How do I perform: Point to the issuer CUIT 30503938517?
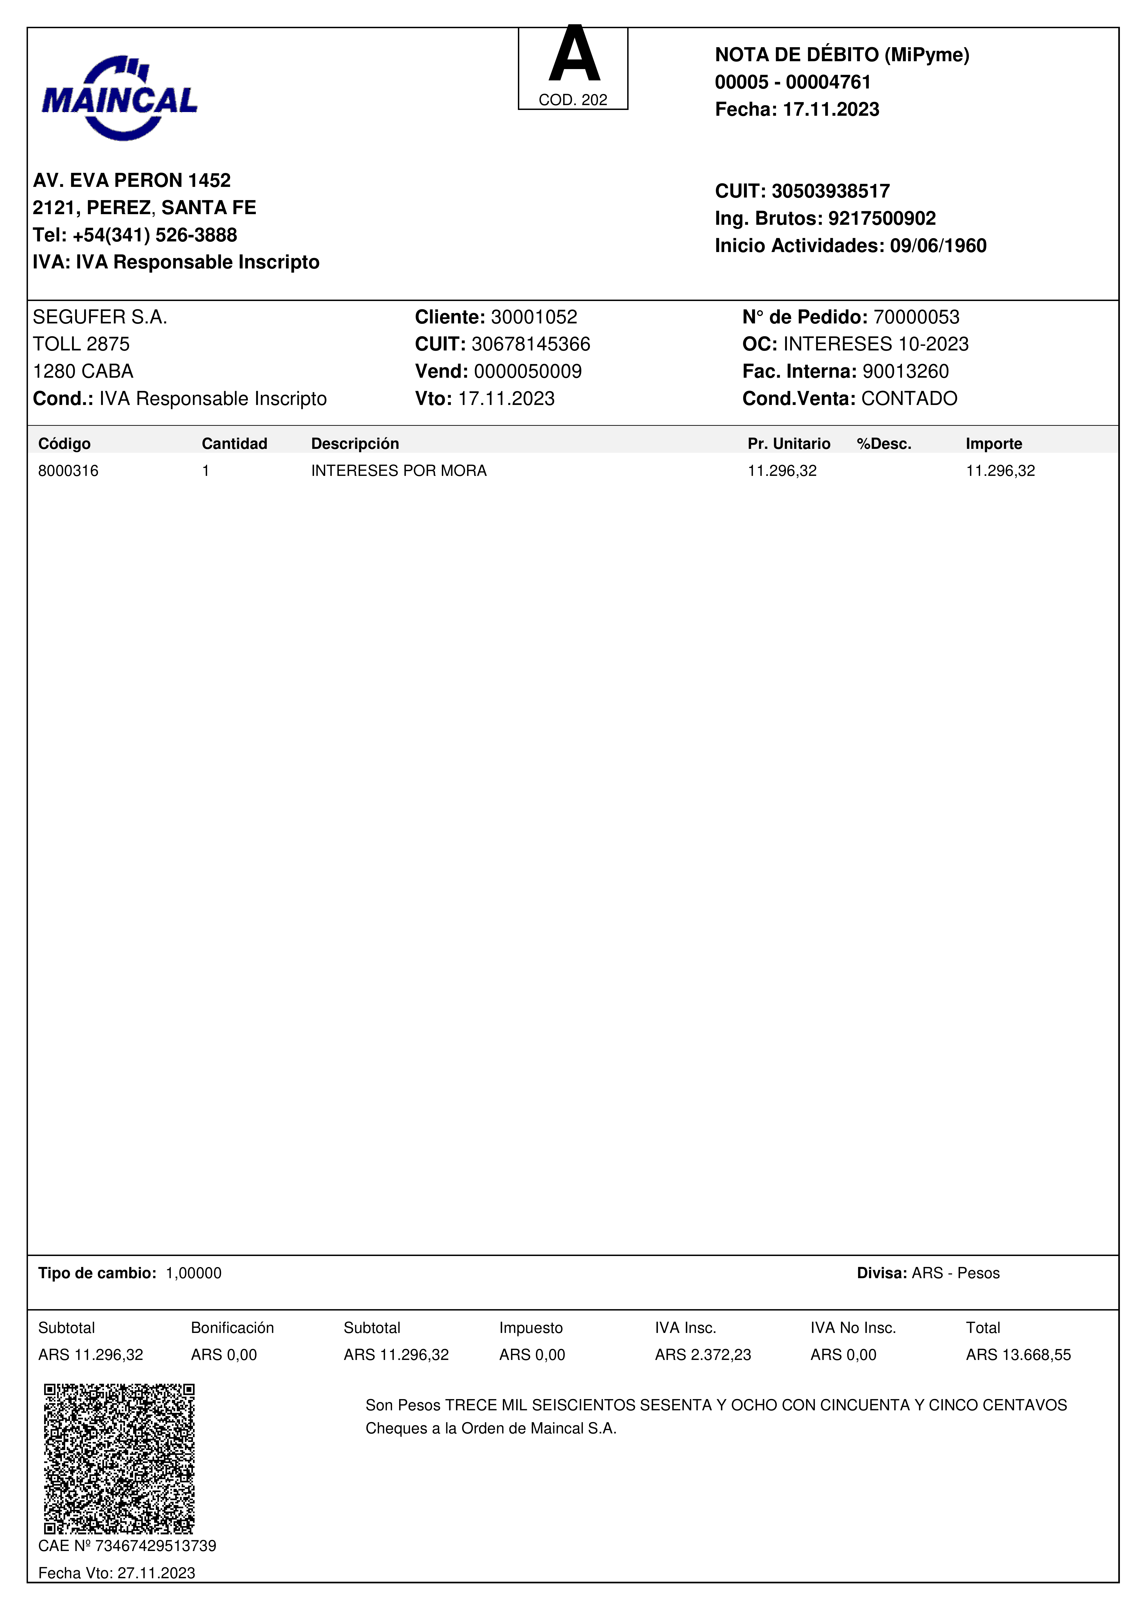(830, 191)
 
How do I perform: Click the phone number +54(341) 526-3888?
(155, 235)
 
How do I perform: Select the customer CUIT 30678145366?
(530, 344)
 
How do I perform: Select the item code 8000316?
(68, 471)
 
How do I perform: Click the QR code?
(119, 1459)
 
